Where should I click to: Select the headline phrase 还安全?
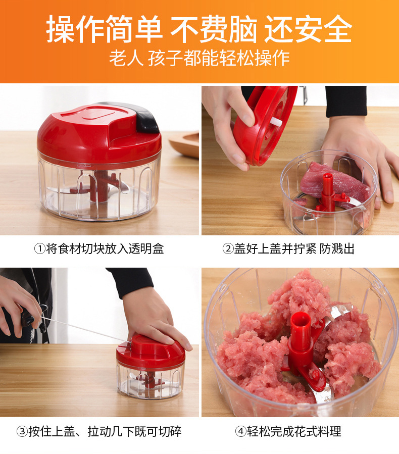308,29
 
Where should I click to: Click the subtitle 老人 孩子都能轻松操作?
199,58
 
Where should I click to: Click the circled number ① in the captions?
40,249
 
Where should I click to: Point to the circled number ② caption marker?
228,249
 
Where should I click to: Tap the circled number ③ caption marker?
22,431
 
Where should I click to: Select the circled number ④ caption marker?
241,431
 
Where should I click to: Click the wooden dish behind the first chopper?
185,143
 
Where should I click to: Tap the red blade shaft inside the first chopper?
101,189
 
